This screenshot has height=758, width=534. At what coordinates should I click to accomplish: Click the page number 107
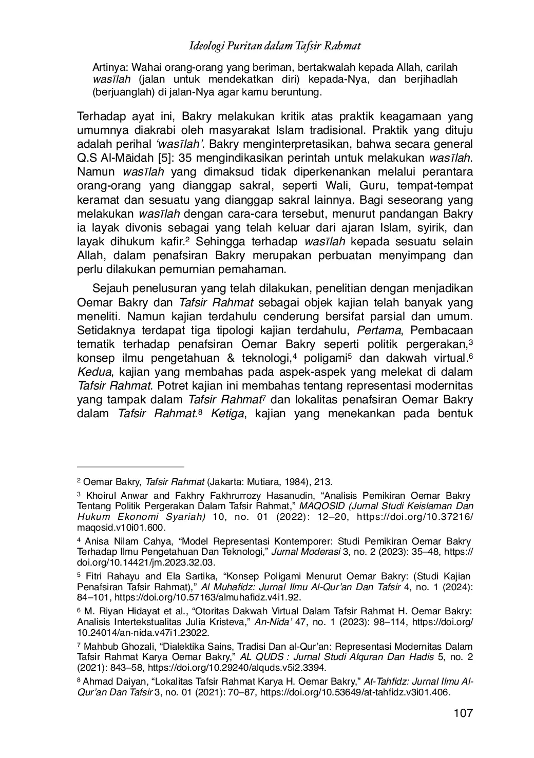(463, 713)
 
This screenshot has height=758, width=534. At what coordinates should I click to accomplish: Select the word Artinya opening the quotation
(108, 68)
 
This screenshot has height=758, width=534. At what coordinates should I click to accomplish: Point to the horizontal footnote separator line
(130, 467)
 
